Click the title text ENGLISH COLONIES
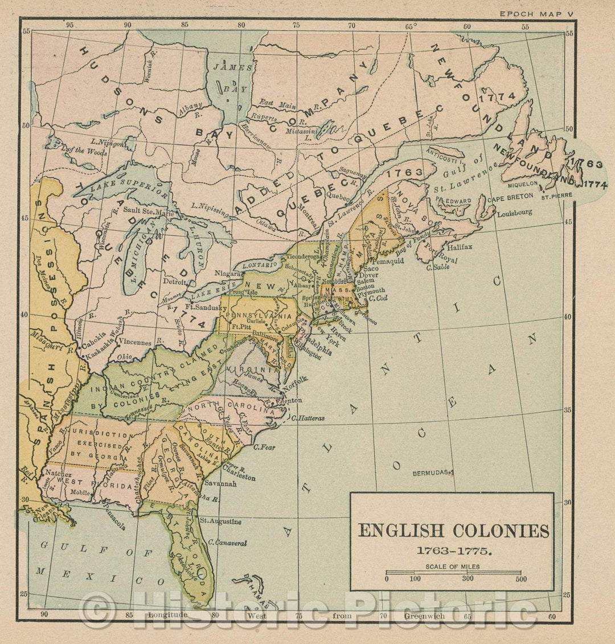click(x=453, y=531)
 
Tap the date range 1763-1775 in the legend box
click(x=453, y=552)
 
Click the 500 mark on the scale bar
click(x=519, y=579)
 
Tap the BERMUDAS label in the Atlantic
click(x=433, y=472)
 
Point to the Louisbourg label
click(x=514, y=213)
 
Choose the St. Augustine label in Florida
click(x=220, y=521)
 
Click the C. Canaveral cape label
click(x=227, y=543)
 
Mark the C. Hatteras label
click(x=307, y=418)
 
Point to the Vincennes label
click(x=136, y=343)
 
